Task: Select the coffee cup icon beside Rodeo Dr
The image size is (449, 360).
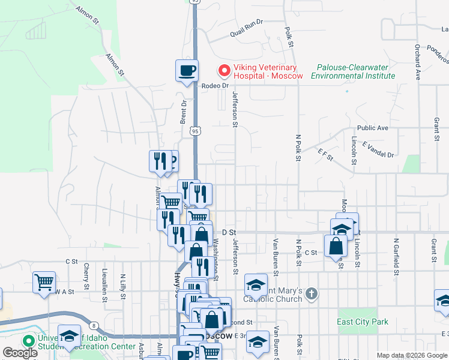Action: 187,71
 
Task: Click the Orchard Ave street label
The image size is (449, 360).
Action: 417,56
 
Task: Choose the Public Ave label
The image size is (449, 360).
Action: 373,128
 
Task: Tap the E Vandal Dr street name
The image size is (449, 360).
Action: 378,149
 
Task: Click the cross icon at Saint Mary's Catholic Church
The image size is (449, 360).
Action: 310,293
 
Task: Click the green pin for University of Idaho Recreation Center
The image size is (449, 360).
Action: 28,340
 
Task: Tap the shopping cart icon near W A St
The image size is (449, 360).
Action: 44,282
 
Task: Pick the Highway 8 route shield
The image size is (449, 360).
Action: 95,325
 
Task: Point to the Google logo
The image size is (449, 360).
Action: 20,353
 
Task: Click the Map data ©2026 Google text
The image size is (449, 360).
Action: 412,355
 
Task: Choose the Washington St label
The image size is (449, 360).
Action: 217,259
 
